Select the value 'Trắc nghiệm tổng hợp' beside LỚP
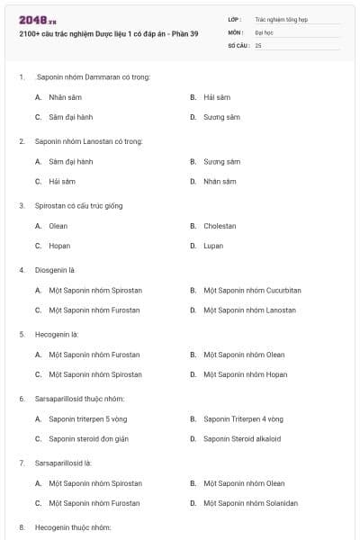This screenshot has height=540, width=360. click(x=279, y=18)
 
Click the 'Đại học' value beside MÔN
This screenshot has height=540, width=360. click(x=263, y=31)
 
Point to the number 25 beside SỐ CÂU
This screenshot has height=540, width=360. click(x=258, y=44)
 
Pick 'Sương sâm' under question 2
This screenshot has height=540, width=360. click(x=221, y=161)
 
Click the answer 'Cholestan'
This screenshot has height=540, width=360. click(x=220, y=226)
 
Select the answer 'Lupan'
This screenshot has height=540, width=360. click(x=213, y=246)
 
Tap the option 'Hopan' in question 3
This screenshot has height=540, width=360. click(x=59, y=246)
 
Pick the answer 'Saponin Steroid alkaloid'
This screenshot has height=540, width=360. click(x=242, y=439)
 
